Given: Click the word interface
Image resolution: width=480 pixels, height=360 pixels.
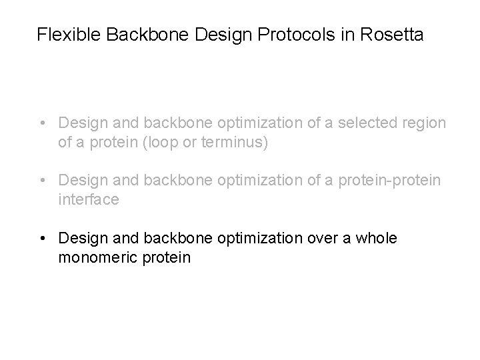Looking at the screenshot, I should pyautogui.click(x=89, y=200).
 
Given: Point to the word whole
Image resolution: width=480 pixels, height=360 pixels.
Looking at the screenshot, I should pyautogui.click(x=377, y=238).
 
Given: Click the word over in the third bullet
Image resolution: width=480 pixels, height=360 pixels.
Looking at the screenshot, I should pyautogui.click(x=323, y=238).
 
